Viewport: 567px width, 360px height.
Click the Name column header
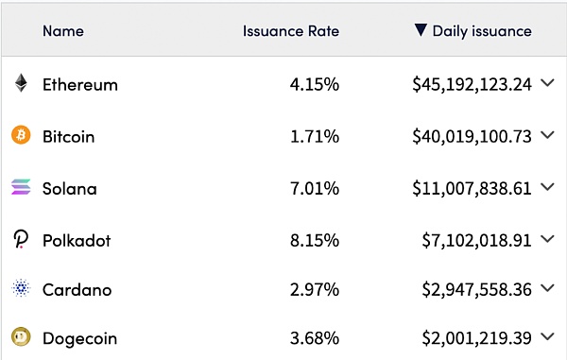(x=63, y=31)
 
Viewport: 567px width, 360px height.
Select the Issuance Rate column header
(x=291, y=31)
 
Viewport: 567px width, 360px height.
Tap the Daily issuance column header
(x=482, y=31)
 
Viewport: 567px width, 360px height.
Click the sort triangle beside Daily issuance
(x=421, y=30)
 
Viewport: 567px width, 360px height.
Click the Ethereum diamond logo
(x=21, y=83)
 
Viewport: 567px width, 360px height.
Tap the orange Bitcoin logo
(x=21, y=135)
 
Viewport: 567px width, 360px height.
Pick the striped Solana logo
(x=21, y=187)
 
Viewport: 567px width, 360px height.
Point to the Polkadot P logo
(x=21, y=239)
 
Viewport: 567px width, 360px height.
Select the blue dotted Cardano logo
(x=21, y=288)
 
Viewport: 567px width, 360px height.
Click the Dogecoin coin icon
(x=21, y=337)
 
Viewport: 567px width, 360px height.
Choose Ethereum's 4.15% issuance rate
(x=315, y=85)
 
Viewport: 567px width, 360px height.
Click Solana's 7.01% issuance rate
(x=315, y=189)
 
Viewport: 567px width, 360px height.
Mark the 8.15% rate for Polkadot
(x=315, y=241)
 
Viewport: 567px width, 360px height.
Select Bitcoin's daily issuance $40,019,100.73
(x=472, y=137)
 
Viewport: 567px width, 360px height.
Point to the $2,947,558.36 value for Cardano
(x=477, y=290)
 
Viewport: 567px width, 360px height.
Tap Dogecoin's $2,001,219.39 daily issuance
(x=477, y=338)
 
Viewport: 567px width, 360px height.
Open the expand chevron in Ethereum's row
(x=548, y=83)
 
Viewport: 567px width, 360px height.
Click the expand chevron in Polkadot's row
(x=548, y=239)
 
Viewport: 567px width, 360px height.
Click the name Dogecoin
(x=80, y=339)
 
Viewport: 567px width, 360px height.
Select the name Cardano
(x=77, y=290)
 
